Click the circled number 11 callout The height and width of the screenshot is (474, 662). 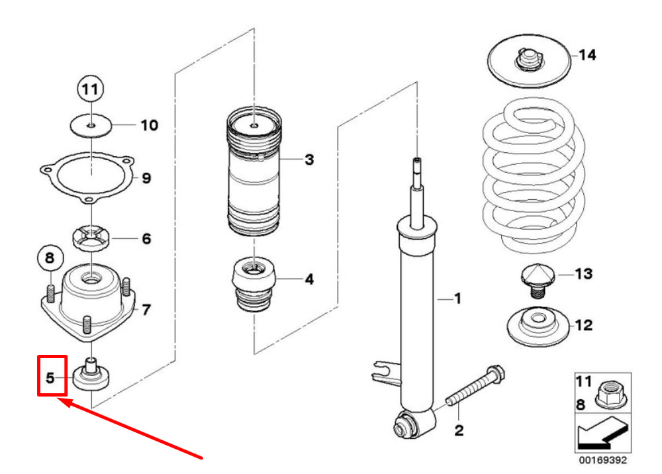click(90, 89)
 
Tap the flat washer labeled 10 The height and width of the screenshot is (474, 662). click(91, 125)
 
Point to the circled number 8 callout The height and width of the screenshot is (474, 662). click(50, 258)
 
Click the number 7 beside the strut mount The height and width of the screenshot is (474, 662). click(146, 310)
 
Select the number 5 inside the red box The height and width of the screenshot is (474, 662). click(50, 378)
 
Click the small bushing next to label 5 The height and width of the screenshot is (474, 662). click(91, 374)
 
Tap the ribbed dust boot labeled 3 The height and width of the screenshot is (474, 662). click(254, 171)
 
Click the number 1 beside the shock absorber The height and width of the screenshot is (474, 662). click(457, 299)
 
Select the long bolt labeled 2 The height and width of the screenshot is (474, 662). click(475, 386)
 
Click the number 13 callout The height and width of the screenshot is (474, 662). click(583, 273)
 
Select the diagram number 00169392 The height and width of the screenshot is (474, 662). click(603, 459)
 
